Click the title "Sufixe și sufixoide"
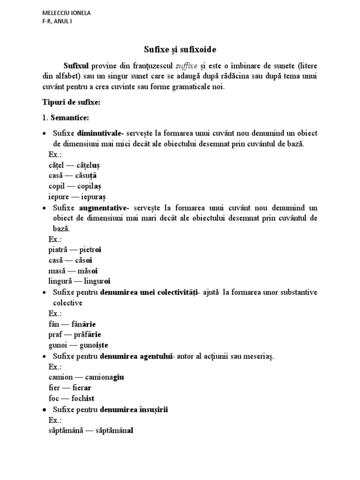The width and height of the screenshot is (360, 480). pyautogui.click(x=180, y=49)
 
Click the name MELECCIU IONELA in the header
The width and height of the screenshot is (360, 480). pyautogui.click(x=66, y=13)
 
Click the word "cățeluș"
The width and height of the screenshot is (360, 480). pyautogui.click(x=88, y=165)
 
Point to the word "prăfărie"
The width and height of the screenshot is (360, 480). pyautogui.click(x=88, y=335)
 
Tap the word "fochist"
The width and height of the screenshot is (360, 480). pyautogui.click(x=83, y=398)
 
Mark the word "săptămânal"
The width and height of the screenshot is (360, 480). pyautogui.click(x=111, y=430)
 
